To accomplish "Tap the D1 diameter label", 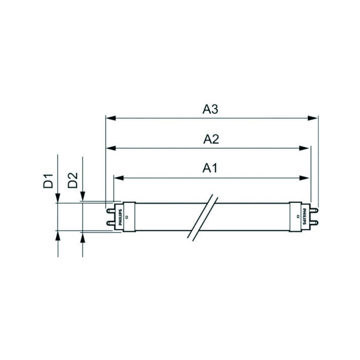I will click(x=48, y=180).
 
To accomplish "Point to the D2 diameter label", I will click(x=72, y=180).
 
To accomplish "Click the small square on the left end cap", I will click(x=127, y=217).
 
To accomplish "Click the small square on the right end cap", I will click(x=298, y=217).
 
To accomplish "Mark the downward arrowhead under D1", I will click(x=58, y=198).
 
